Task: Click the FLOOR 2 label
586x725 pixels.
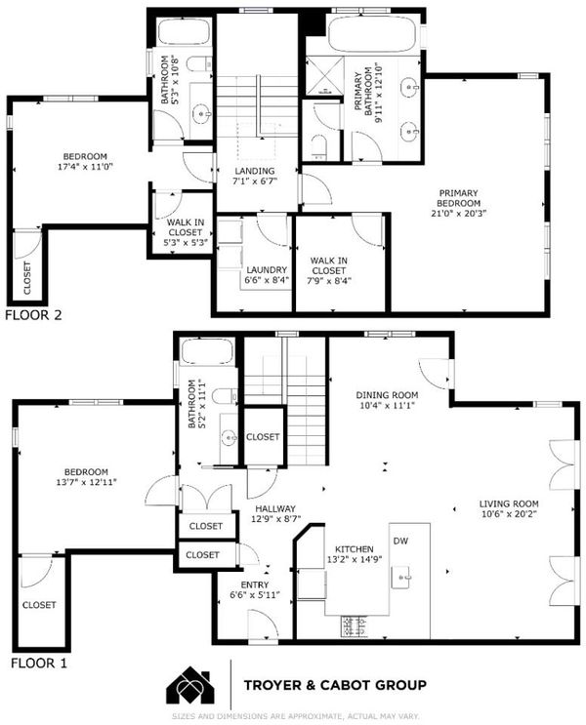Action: [x=33, y=315]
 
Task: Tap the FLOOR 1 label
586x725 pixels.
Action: [x=39, y=664]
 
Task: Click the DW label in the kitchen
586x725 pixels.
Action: [x=400, y=541]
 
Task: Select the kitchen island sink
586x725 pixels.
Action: [x=400, y=577]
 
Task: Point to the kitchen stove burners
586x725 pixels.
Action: [x=355, y=627]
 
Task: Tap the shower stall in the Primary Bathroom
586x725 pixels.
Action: [x=325, y=75]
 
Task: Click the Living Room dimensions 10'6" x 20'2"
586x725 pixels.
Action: [x=509, y=513]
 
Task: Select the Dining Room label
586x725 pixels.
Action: [x=387, y=395]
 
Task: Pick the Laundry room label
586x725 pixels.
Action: [x=267, y=269]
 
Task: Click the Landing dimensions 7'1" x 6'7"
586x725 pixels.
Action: [x=255, y=181]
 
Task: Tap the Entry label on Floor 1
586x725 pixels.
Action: [x=255, y=584]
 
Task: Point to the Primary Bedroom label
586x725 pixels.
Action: [x=458, y=198]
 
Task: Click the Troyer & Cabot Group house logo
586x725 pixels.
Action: [x=190, y=685]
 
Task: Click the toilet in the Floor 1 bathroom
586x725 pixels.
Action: [x=225, y=396]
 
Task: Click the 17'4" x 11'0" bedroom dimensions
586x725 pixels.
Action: [x=85, y=167]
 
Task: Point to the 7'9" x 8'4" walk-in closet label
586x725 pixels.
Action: [x=329, y=280]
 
